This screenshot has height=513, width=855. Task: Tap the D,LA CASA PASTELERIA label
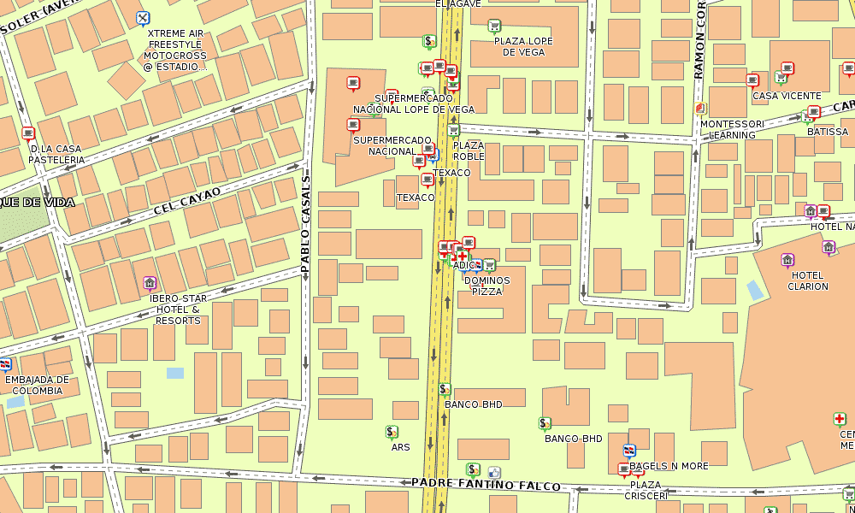[56, 155]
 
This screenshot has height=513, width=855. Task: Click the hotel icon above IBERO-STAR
[150, 283]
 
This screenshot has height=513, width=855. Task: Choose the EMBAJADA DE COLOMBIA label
[37, 386]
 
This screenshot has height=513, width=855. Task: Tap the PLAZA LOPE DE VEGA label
[523, 46]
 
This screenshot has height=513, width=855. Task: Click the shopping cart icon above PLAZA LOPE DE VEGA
[493, 26]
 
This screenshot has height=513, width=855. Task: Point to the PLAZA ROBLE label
[469, 151]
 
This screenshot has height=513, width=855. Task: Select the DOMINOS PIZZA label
[486, 286]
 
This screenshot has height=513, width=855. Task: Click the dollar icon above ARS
[392, 433]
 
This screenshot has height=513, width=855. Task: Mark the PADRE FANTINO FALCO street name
[486, 485]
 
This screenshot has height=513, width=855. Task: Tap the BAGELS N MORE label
[669, 466]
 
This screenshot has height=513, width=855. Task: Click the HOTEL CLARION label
[808, 281]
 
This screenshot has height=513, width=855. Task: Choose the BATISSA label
[828, 132]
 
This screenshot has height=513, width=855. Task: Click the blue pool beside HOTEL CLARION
[754, 290]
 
